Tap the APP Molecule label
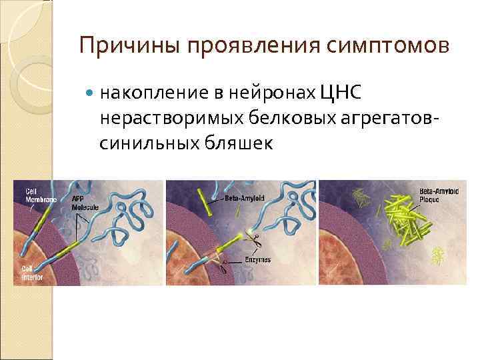pos(85,203)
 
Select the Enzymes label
pos(256,260)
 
